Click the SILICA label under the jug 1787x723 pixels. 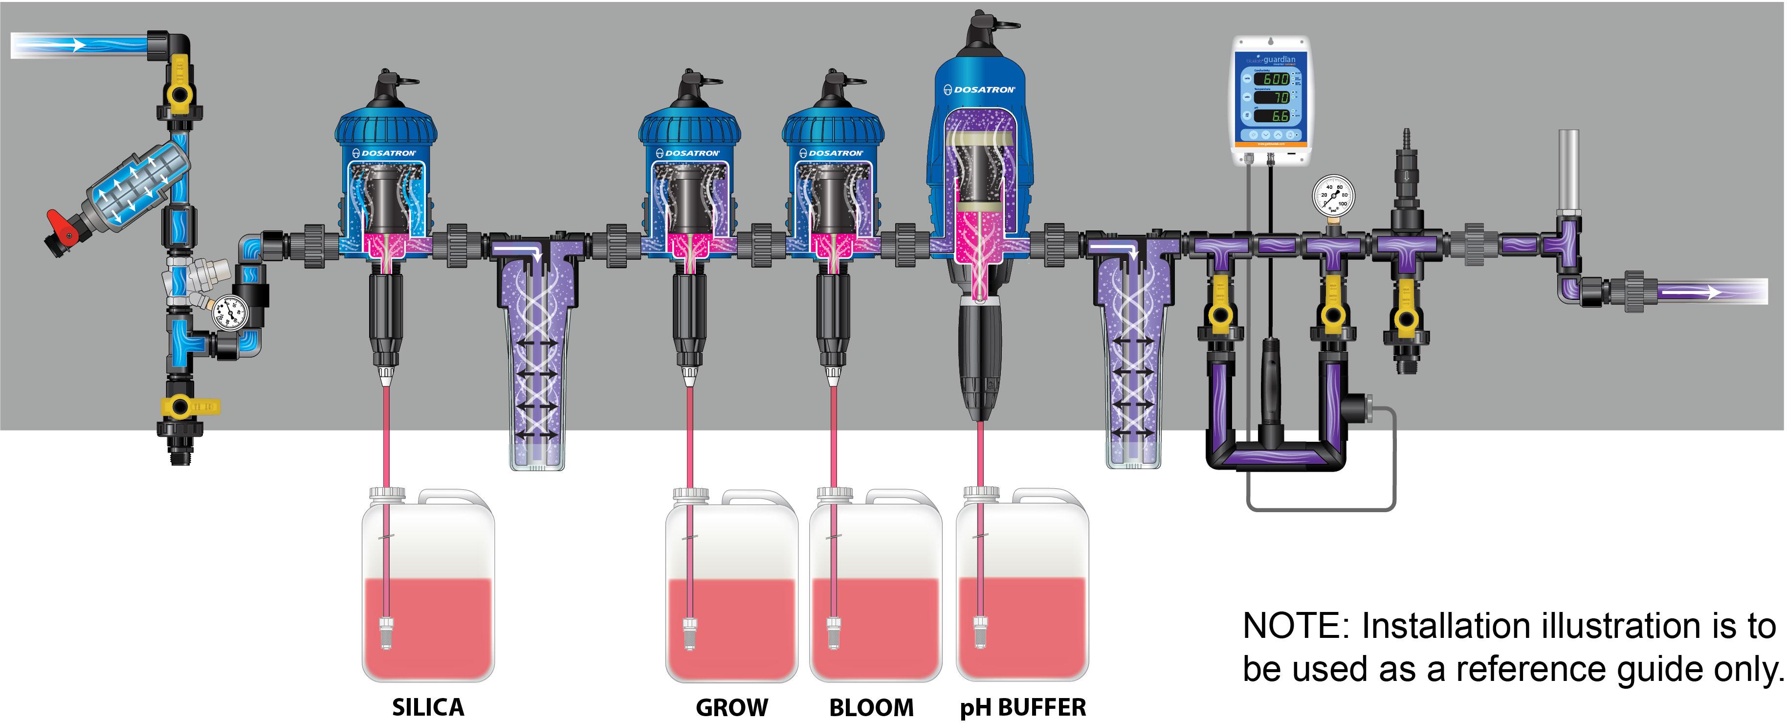[x=428, y=707]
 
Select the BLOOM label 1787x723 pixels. [x=871, y=707]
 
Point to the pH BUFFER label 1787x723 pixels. [x=1022, y=707]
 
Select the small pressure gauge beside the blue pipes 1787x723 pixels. [x=230, y=313]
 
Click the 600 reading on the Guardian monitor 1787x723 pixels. [x=1275, y=79]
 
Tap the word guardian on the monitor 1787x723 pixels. [x=1279, y=60]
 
